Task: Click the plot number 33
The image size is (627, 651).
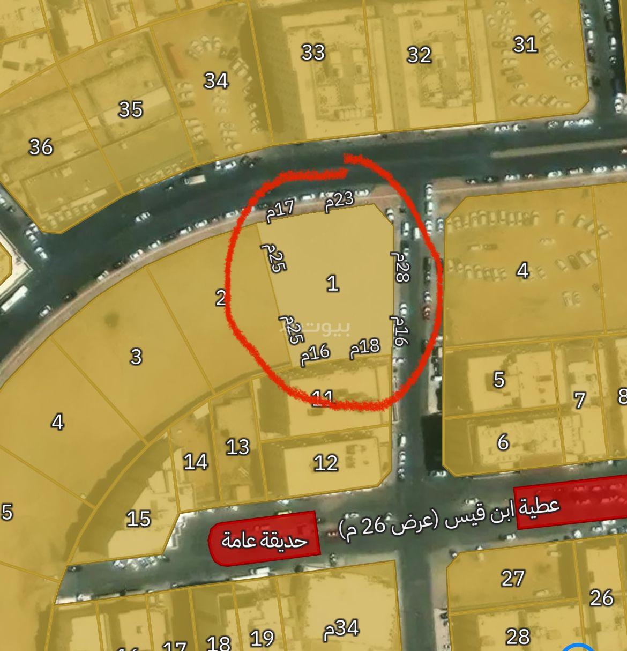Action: tap(313, 53)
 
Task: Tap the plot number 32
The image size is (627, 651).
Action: tap(419, 55)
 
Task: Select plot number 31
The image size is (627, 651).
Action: tap(525, 45)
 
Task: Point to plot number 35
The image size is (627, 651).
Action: tap(130, 109)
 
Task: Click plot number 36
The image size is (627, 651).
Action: tap(41, 146)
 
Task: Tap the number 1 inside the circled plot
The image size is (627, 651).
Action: tap(333, 283)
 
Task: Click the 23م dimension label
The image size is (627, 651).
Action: tap(339, 201)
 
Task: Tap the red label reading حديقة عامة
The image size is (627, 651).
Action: tap(265, 539)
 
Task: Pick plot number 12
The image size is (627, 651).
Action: tap(326, 462)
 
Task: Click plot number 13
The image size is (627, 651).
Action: tap(237, 446)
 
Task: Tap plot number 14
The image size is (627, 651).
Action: tap(195, 461)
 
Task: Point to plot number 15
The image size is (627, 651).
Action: tap(138, 519)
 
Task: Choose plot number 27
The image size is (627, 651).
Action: tap(513, 578)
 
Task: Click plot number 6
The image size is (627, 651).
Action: tap(503, 442)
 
